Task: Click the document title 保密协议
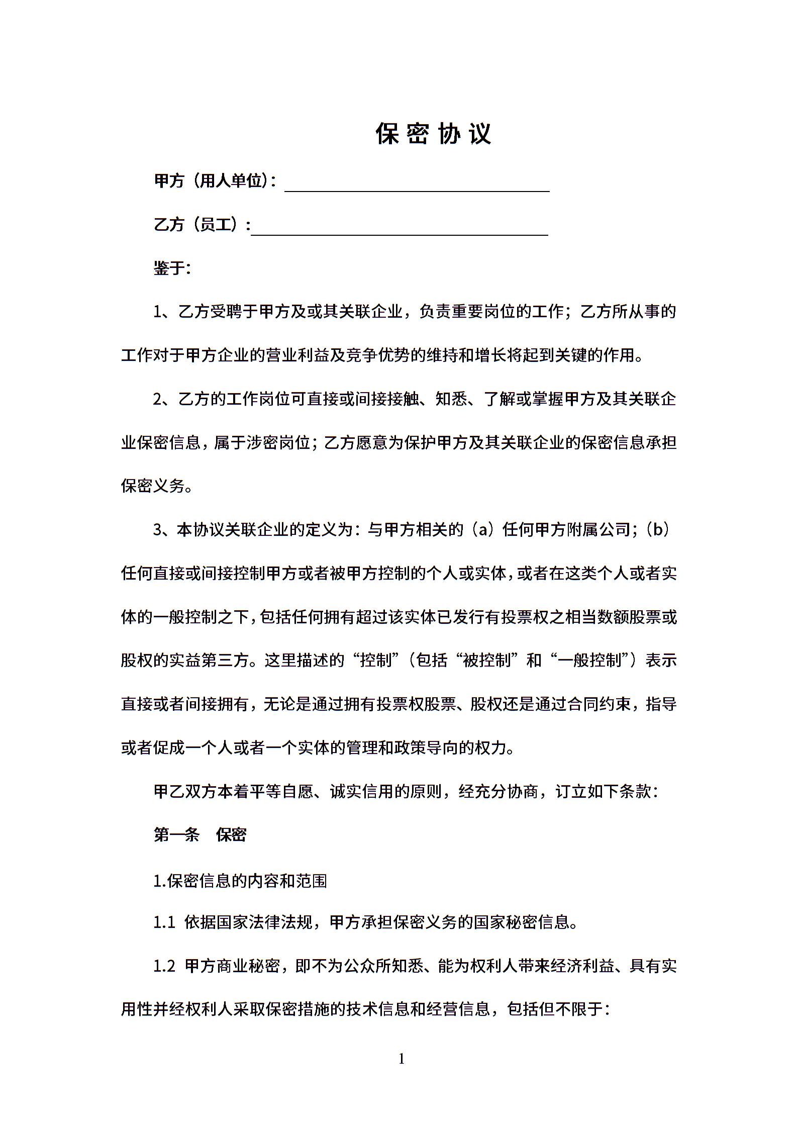tap(433, 134)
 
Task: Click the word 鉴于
tap(171, 268)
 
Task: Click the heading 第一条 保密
tap(200, 835)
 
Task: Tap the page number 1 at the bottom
tap(401, 1060)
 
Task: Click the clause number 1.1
tap(164, 922)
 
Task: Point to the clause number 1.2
tap(164, 966)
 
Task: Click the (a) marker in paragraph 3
tap(482, 530)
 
